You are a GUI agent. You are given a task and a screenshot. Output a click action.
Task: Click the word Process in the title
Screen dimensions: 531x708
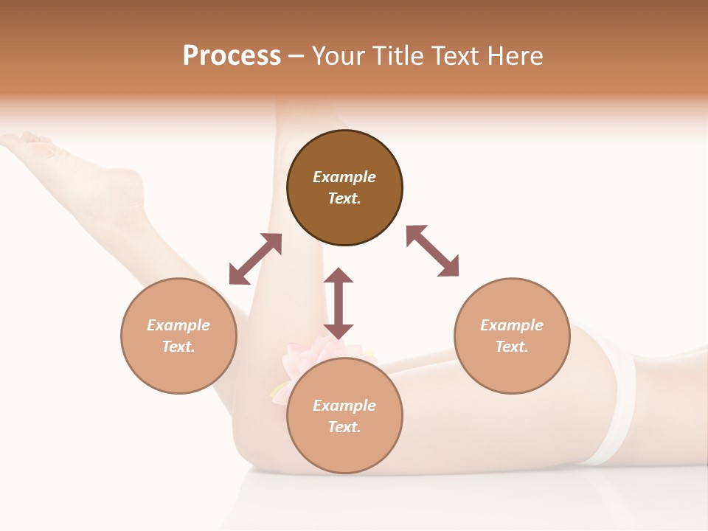coord(232,56)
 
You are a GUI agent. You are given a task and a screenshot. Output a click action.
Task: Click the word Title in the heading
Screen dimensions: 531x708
coord(397,56)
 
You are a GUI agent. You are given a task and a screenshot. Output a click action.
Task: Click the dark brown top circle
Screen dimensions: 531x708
coord(344,214)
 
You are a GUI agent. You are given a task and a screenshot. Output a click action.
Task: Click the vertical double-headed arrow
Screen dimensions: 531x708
coord(339,303)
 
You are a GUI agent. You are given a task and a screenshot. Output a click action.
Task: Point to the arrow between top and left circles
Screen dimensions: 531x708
coord(255,259)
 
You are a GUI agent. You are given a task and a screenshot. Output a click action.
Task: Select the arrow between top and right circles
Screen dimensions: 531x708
coord(432,251)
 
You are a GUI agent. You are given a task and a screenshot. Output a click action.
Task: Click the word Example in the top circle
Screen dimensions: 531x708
coord(344,177)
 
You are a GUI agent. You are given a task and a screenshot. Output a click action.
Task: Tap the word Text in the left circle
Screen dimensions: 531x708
coord(178,347)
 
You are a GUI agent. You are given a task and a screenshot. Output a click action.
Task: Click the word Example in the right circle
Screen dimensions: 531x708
coord(512,325)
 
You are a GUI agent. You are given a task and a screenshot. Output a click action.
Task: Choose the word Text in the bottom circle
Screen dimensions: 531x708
coord(344,427)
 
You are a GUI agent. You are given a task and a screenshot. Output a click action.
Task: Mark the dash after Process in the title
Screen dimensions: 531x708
coord(296,56)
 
